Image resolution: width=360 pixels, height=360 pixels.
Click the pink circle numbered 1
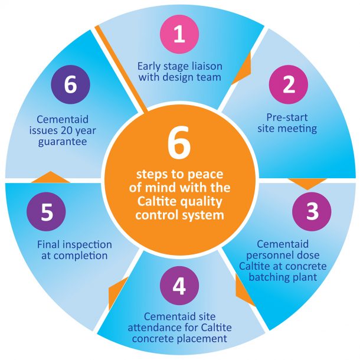[x=179, y=34]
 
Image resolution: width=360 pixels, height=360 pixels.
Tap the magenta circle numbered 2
[x=289, y=85]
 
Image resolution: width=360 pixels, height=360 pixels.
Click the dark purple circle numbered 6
[x=70, y=84]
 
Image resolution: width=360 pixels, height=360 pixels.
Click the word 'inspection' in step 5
[x=89, y=244]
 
